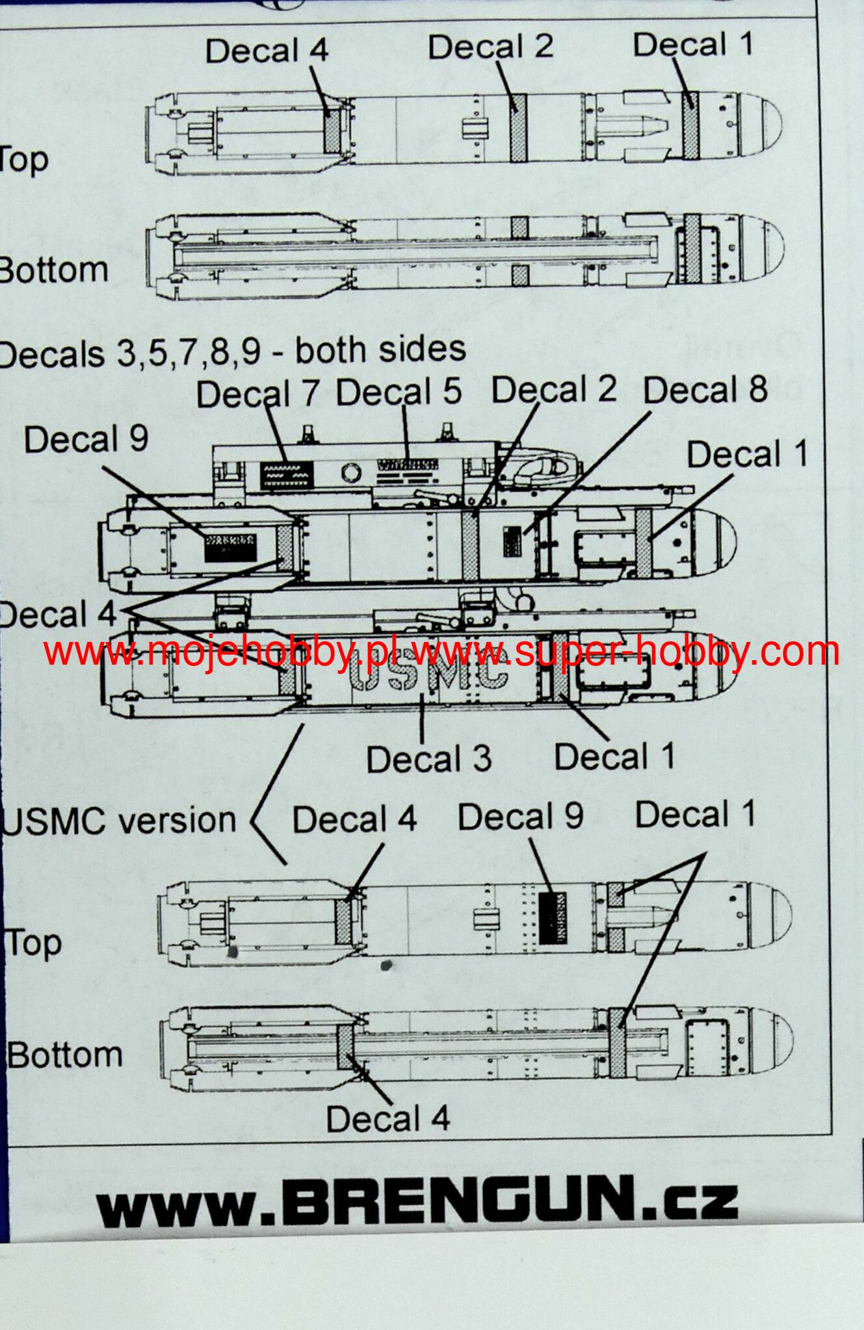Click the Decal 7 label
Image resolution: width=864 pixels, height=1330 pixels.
pos(257,394)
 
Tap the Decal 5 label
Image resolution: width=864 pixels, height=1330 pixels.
pos(398,392)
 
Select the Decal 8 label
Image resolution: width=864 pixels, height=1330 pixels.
pos(705,390)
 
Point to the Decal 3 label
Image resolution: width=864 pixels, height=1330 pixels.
pos(429,758)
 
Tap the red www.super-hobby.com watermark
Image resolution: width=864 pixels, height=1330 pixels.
pos(624,651)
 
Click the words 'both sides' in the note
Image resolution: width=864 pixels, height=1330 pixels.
pos(380,350)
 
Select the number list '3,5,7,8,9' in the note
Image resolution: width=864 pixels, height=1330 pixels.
pos(189,352)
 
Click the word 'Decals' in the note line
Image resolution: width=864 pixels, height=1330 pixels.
pos(52,355)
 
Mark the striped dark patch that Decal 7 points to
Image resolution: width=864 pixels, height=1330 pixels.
pos(287,476)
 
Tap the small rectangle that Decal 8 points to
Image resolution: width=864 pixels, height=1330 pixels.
pos(512,541)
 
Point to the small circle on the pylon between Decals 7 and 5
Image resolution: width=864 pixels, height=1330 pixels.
pos(351,472)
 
